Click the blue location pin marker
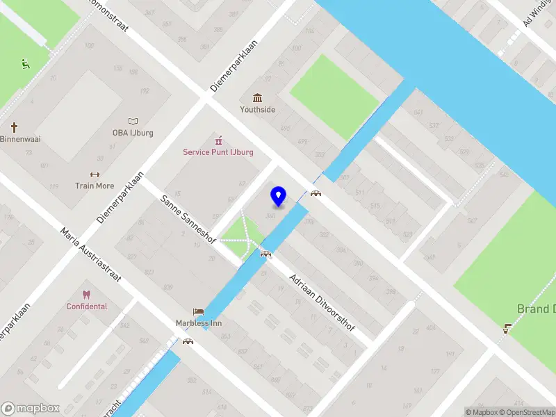tap(279, 196)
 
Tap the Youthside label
tap(258, 109)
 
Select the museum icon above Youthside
tap(258, 97)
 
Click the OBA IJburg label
tap(133, 133)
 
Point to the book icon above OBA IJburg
tap(133, 121)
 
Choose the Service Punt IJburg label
tap(218, 152)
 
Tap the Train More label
tap(95, 186)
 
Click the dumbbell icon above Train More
tap(95, 174)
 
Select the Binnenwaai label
tap(20, 139)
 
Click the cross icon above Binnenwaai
tap(14, 127)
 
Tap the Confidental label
tap(87, 306)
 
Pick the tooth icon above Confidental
tap(87, 294)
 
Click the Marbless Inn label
tap(199, 323)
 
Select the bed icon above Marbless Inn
tap(199, 312)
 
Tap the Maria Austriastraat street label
tap(91, 255)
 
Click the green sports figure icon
tap(26, 64)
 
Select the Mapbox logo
tap(31, 409)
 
